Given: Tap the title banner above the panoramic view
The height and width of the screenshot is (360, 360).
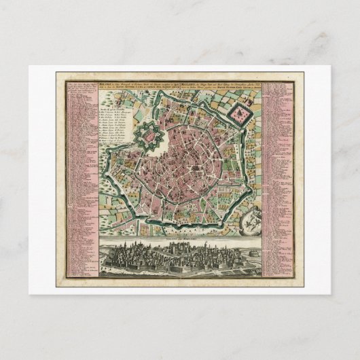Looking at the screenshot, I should point(179,240).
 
